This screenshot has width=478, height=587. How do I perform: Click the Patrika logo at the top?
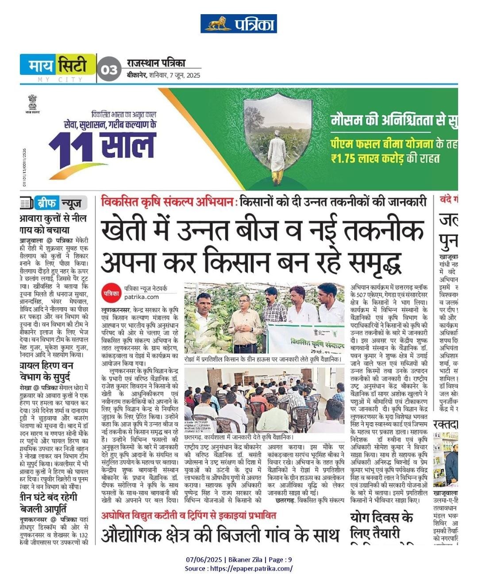[239, 23]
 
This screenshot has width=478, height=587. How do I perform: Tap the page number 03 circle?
[109, 70]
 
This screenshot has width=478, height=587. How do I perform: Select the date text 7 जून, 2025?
[183, 75]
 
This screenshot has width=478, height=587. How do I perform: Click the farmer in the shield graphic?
[278, 155]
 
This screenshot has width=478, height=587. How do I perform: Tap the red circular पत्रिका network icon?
[111, 293]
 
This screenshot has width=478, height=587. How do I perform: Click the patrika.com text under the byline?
[141, 297]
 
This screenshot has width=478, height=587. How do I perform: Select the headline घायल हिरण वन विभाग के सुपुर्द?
[46, 371]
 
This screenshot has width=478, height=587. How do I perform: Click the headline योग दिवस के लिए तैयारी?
[382, 525]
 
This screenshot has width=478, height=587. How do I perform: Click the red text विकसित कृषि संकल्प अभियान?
[167, 202]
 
